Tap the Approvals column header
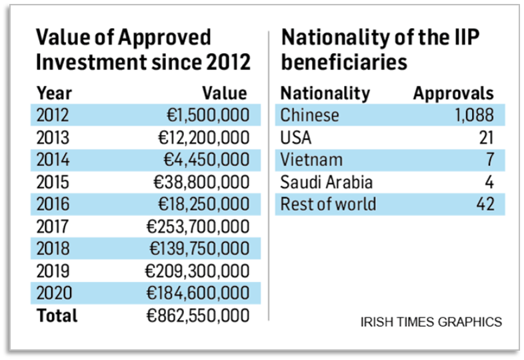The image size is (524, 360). [453, 93]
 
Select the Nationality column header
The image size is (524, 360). [325, 93]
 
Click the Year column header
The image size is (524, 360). [54, 93]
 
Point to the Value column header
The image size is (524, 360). [225, 93]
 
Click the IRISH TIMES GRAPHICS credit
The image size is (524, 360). [431, 322]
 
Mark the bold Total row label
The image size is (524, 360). [57, 315]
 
